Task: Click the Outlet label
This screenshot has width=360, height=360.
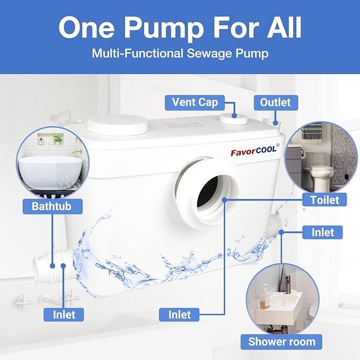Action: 275,102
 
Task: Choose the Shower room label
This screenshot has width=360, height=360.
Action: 282,341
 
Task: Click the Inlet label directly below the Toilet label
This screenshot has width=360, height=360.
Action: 322,232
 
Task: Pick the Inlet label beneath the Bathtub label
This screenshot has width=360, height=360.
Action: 64,314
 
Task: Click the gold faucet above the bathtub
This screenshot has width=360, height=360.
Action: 77,153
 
